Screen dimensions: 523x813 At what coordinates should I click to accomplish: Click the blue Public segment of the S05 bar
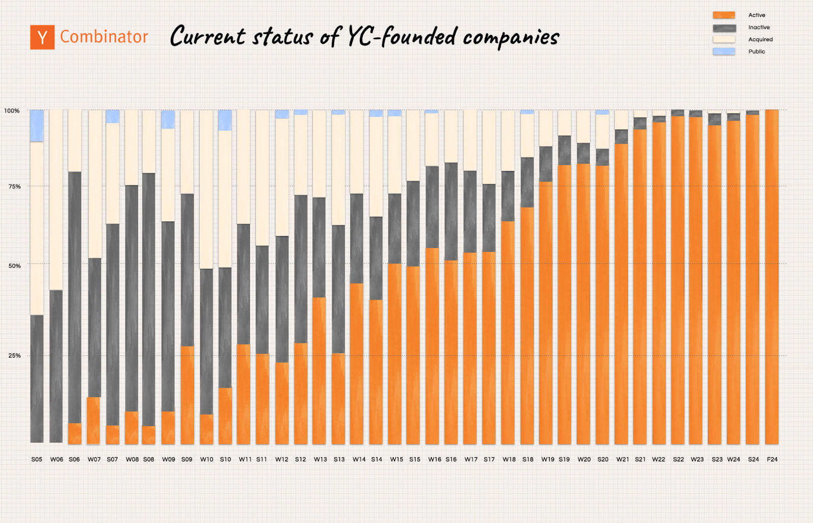(37, 126)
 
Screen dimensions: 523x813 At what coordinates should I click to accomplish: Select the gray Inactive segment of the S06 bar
(75, 297)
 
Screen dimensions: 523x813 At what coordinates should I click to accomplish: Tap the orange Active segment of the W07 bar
(93, 420)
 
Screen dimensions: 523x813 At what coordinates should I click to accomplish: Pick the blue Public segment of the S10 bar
(225, 120)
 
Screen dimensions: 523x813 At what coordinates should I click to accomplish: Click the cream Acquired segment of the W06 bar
(56, 199)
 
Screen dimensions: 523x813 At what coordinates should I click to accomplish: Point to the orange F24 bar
(772, 277)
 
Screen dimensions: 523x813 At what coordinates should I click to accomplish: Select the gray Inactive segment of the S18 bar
(527, 182)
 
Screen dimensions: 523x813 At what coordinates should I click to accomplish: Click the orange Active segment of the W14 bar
(357, 363)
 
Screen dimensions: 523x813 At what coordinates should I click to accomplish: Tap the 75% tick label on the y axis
(14, 187)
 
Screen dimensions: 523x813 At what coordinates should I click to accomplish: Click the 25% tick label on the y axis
(14, 356)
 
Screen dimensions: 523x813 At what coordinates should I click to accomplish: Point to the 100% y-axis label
(12, 111)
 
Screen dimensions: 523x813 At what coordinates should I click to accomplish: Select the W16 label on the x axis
(434, 459)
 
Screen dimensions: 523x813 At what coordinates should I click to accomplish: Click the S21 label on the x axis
(640, 459)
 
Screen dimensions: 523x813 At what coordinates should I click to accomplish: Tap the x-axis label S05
(37, 459)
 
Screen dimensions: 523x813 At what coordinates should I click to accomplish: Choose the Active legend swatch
(724, 15)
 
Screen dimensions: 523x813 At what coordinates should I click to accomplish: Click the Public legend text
(757, 51)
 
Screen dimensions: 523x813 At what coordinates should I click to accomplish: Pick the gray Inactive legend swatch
(724, 27)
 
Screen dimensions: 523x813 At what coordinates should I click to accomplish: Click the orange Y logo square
(42, 37)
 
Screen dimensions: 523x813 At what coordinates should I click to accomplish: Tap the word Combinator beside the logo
(104, 37)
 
